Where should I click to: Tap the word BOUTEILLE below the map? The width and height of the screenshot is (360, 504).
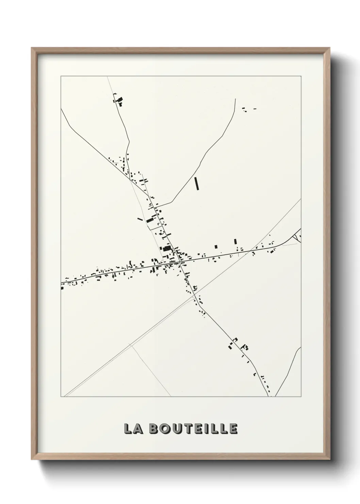coord(193,429)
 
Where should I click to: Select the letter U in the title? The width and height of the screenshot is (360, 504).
coord(176,429)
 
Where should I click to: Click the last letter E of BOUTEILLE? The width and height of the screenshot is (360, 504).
coord(233,429)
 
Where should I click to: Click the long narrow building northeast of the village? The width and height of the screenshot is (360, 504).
coord(196,183)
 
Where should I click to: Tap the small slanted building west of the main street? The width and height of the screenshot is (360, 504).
coord(139,219)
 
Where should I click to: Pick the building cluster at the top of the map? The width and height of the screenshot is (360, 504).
coord(119,100)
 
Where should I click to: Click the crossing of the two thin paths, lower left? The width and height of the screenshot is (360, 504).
coord(131,345)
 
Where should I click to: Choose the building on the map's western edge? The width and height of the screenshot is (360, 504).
coord(62,288)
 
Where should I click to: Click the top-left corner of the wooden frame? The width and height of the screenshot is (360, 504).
coord(32,48)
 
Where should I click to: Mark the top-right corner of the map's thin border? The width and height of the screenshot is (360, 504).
coord(300,76)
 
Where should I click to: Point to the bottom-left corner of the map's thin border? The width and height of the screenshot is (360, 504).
coord(61,397)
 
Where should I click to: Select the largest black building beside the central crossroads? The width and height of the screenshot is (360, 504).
coord(167,248)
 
